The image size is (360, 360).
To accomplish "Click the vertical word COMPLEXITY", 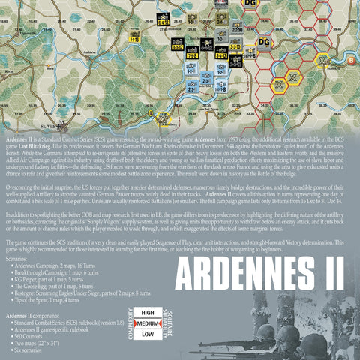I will point(132,322).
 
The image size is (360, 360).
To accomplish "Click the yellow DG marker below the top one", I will point(263,42).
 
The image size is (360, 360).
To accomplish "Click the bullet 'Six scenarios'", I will point(31,347).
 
